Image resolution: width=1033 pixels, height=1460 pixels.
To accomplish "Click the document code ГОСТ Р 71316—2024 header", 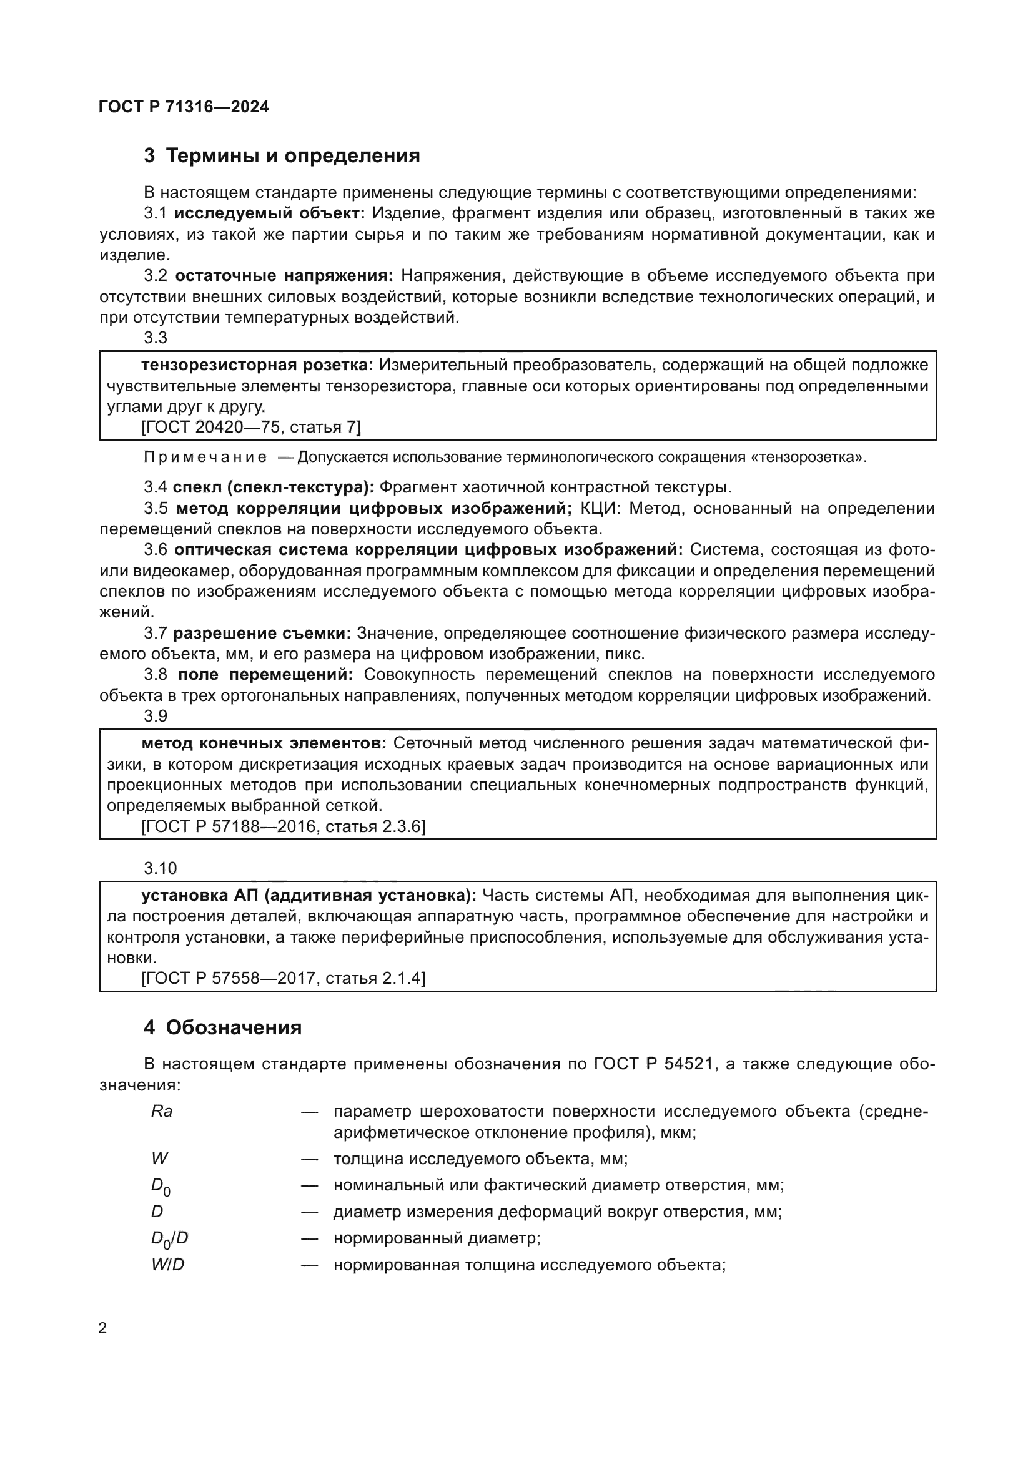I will tap(184, 107).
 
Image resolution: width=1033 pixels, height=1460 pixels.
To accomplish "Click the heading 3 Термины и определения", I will tap(282, 156).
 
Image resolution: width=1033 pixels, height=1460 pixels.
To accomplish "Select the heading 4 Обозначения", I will tap(222, 1028).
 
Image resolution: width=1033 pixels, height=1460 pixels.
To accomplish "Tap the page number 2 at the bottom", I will tap(103, 1328).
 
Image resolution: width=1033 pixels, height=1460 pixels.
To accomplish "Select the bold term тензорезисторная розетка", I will tap(257, 365).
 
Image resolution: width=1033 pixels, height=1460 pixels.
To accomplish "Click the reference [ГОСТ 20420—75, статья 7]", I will tap(251, 428).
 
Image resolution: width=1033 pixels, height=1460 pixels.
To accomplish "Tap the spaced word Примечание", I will tap(205, 458).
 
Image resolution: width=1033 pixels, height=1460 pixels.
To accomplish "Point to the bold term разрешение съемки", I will tap(262, 634).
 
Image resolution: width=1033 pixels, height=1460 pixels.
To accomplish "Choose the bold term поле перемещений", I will tap(265, 675).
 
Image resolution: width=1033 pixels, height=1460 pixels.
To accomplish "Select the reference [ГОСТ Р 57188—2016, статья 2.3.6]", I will tap(284, 826).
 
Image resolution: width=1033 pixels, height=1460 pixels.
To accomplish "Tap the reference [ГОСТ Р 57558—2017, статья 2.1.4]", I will tap(284, 978).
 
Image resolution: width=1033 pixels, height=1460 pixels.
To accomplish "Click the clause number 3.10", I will tap(161, 869).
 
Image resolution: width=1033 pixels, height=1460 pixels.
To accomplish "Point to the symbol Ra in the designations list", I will tap(162, 1112).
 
